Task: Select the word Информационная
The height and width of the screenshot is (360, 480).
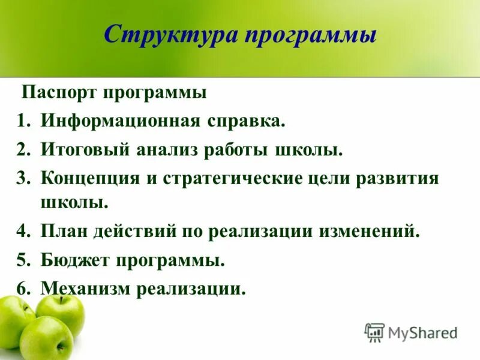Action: coord(119,122)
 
